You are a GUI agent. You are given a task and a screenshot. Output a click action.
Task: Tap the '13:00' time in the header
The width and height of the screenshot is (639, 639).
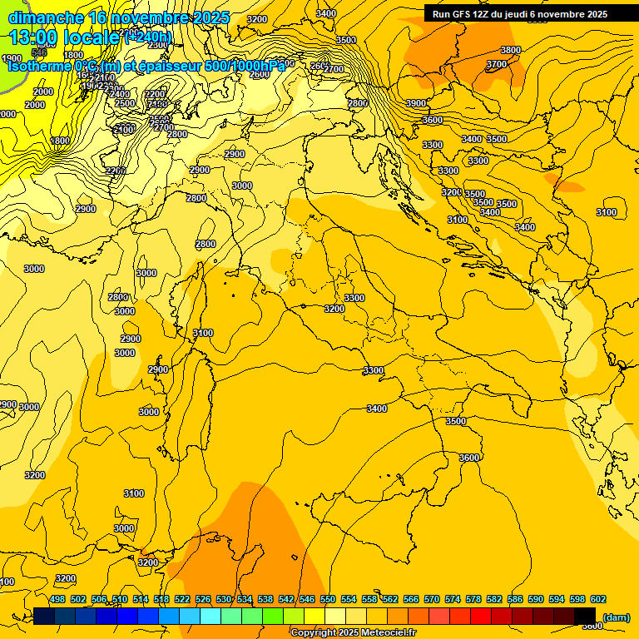pyautogui.click(x=34, y=37)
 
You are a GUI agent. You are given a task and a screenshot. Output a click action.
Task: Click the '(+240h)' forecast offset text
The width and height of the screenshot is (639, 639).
pyautogui.click(x=147, y=37)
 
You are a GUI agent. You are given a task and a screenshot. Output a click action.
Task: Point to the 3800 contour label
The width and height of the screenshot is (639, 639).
pyautogui.click(x=510, y=50)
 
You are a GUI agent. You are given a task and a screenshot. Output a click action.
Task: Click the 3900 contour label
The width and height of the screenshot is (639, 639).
pyautogui.click(x=415, y=103)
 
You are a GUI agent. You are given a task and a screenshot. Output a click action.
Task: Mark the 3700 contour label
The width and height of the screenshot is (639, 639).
pyautogui.click(x=496, y=64)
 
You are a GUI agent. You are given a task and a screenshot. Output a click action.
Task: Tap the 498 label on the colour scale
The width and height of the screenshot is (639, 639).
pyautogui.click(x=57, y=599)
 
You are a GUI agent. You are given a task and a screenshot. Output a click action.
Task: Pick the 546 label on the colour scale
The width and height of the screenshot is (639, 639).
pyautogui.click(x=307, y=599)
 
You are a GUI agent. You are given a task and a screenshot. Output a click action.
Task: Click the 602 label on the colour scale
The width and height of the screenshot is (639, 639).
pyautogui.click(x=598, y=599)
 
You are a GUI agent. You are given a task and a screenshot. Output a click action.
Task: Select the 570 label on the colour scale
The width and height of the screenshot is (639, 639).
pyautogui.click(x=432, y=599)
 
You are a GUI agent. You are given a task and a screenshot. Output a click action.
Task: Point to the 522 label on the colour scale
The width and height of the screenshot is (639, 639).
pyautogui.click(x=182, y=599)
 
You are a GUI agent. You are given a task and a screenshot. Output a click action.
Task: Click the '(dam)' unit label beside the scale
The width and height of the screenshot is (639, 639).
pyautogui.click(x=617, y=617)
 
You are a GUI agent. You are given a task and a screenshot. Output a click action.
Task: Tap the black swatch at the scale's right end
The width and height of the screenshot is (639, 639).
pyautogui.click(x=585, y=616)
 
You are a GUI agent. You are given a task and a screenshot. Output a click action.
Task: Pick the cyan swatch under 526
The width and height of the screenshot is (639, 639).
pyautogui.click(x=211, y=616)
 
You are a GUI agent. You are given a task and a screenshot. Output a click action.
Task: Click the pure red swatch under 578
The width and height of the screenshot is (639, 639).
pyautogui.click(x=481, y=616)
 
